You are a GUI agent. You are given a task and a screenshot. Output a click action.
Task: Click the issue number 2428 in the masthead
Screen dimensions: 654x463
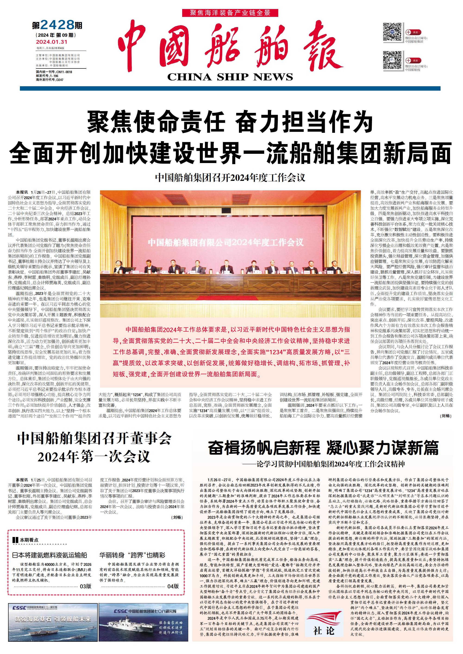(57, 25)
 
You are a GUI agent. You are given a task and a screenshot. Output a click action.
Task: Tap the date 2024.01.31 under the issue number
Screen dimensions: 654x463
(52, 42)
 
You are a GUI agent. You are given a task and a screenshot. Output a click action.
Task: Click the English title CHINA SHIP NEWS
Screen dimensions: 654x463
(230, 77)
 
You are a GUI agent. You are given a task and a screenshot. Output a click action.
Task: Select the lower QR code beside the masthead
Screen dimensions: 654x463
(392, 60)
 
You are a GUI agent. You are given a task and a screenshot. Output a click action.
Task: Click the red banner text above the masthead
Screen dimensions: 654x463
(230, 12)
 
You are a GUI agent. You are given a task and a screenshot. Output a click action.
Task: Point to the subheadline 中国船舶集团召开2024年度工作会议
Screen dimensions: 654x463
(230, 178)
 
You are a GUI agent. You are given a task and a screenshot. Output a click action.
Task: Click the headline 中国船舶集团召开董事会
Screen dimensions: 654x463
(94, 439)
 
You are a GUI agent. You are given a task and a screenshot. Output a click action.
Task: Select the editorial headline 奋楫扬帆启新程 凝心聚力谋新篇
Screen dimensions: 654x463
(323, 448)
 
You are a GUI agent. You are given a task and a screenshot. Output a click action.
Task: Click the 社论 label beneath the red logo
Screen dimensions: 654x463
(324, 630)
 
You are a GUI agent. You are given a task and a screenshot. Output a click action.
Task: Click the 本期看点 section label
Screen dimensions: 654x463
(28, 540)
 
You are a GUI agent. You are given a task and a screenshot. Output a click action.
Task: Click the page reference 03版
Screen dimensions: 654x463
(85, 586)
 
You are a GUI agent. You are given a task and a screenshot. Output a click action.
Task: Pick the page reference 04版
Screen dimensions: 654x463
(173, 586)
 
